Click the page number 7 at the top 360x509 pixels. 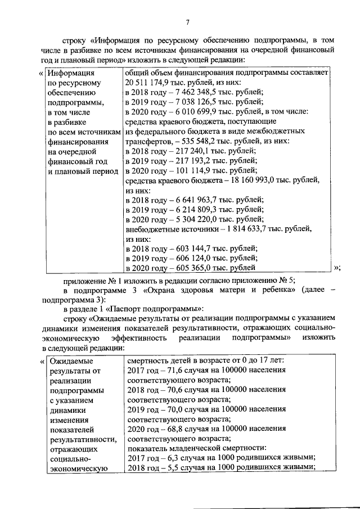(x=188, y=22)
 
